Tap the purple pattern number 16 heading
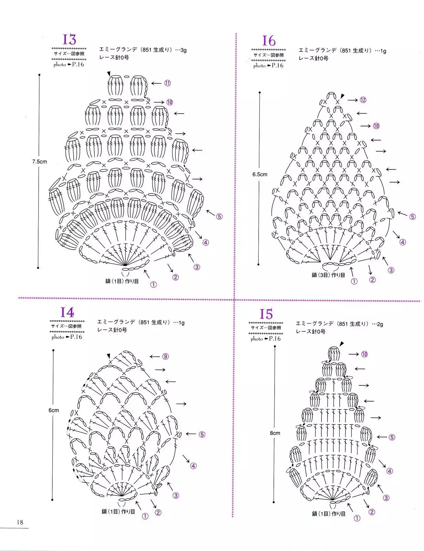click(269, 41)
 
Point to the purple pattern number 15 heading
click(266, 314)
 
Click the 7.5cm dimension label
click(39, 161)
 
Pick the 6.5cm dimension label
click(260, 174)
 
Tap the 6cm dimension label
click(53, 410)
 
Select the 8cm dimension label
click(275, 433)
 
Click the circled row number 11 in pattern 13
click(167, 83)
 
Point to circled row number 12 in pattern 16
click(363, 100)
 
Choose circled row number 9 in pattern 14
click(165, 356)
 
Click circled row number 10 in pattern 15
click(364, 354)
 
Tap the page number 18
click(20, 522)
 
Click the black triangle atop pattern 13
click(108, 73)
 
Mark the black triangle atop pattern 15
click(341, 344)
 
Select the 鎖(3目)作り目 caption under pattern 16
click(328, 275)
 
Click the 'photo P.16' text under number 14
click(67, 337)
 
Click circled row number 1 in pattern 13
click(153, 284)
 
